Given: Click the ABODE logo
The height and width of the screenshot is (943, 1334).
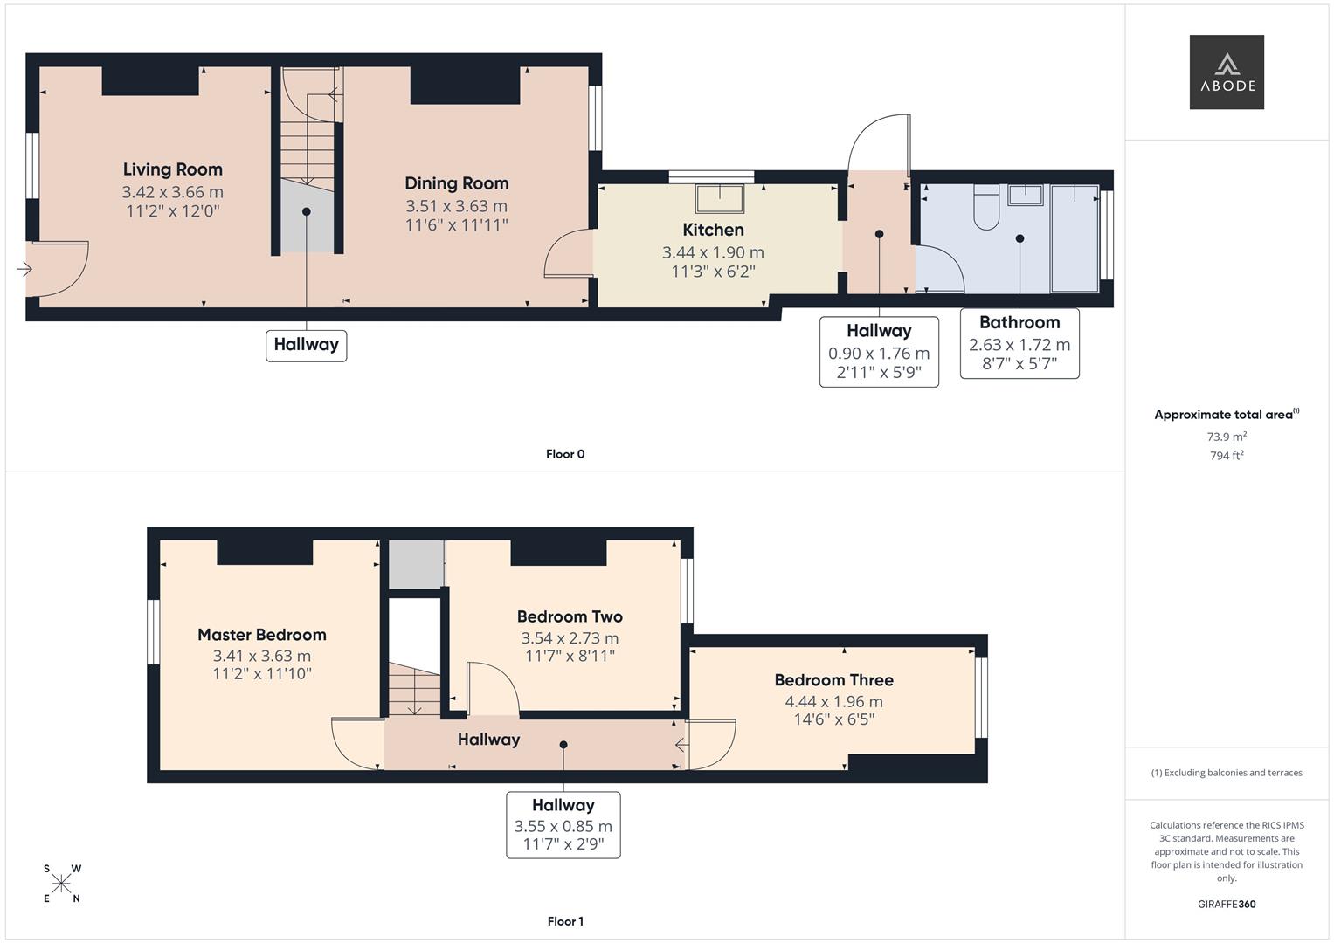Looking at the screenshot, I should tap(1226, 72).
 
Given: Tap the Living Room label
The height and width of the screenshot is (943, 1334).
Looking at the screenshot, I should tap(172, 169).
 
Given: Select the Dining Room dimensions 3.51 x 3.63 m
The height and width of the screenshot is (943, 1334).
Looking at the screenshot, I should tap(456, 206).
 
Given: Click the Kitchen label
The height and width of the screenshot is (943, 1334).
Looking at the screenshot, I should tap(713, 230).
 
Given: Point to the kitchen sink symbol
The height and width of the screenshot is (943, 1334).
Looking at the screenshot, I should tap(719, 199).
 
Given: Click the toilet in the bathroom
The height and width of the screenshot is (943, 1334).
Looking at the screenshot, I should tap(986, 208).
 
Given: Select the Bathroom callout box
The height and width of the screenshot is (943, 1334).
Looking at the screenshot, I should tap(1019, 343).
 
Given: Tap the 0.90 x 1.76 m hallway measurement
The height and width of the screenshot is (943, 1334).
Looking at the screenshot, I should tap(878, 354).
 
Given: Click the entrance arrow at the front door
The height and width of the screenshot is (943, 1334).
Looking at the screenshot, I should tap(24, 269).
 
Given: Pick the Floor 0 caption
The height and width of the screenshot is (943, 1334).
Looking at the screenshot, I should tap(564, 454).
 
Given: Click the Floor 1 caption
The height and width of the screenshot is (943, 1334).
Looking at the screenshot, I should tap(564, 921).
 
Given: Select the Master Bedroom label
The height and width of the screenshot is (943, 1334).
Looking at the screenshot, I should tap(261, 635).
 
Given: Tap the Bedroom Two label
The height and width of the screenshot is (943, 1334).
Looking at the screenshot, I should tap(569, 616).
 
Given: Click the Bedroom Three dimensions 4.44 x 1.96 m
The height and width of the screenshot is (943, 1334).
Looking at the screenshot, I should tap(833, 701).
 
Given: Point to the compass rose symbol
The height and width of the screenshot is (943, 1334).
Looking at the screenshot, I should tap(61, 884).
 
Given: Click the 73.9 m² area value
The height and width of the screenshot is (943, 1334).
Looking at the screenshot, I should tap(1226, 437).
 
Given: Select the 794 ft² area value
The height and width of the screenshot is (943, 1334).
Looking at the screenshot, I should tap(1226, 456).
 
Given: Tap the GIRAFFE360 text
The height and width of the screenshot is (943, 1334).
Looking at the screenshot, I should tap(1226, 904).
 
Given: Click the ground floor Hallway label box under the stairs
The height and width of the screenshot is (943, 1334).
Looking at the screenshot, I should tap(306, 345).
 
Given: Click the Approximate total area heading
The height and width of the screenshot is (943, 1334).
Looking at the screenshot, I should tap(1225, 415).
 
